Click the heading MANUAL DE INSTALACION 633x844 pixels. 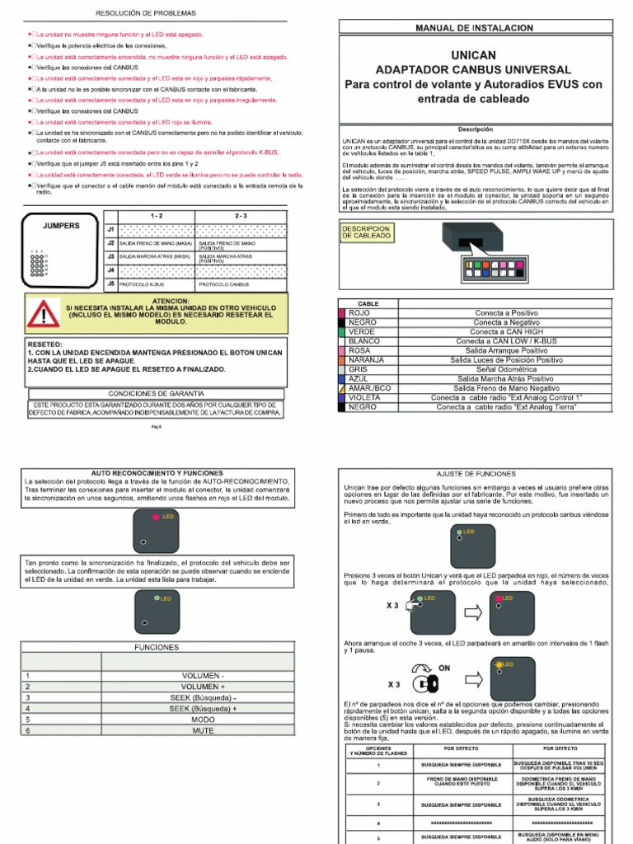(476, 28)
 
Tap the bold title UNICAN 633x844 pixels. (475, 54)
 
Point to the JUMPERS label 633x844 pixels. (61, 224)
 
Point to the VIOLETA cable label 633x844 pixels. (364, 397)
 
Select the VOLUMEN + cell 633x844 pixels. (198, 686)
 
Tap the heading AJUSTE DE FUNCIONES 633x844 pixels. (476, 475)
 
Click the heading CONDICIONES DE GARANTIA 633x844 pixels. (157, 393)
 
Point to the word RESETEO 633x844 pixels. (45, 342)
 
